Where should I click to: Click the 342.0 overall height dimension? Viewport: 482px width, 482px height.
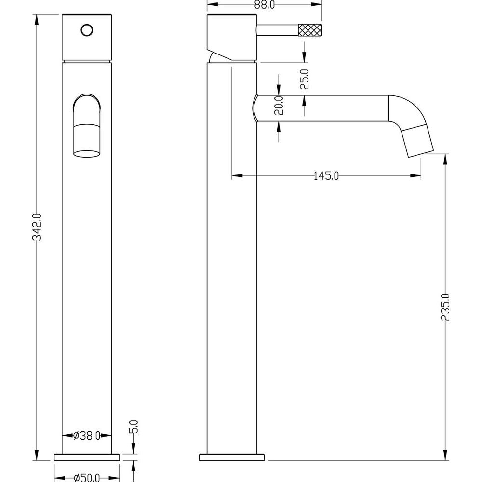(37, 227)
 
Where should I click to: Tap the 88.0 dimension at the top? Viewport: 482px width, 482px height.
(265, 5)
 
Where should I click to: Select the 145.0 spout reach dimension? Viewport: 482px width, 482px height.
(326, 176)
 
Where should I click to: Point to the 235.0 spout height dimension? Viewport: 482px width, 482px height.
(445, 307)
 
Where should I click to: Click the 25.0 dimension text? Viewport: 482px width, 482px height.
(304, 79)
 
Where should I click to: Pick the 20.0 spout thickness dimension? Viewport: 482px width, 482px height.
(279, 105)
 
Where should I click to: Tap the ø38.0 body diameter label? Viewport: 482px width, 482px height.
(87, 435)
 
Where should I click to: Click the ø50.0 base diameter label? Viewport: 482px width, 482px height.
(87, 478)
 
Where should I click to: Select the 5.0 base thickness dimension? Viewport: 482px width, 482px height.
(134, 427)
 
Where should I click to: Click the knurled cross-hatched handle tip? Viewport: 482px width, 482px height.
(310, 30)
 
